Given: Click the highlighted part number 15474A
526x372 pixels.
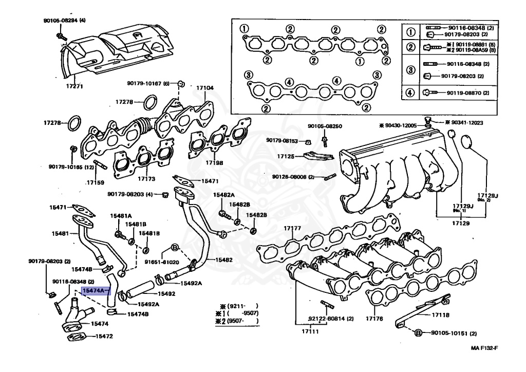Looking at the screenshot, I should [93, 291].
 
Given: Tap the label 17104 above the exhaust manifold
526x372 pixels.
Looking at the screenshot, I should [204, 88].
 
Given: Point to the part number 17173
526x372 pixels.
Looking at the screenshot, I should [146, 179].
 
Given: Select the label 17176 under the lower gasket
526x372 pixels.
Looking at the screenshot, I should [374, 319].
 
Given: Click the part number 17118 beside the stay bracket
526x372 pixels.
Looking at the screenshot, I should [440, 314].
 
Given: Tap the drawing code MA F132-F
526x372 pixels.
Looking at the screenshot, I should [484, 348].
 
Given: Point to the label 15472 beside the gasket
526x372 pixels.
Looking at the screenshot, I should [102, 337].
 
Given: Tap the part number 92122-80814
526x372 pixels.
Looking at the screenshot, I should [331, 319].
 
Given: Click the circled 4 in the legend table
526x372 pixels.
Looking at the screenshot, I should [410, 93].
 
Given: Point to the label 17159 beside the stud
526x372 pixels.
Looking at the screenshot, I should [95, 182].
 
